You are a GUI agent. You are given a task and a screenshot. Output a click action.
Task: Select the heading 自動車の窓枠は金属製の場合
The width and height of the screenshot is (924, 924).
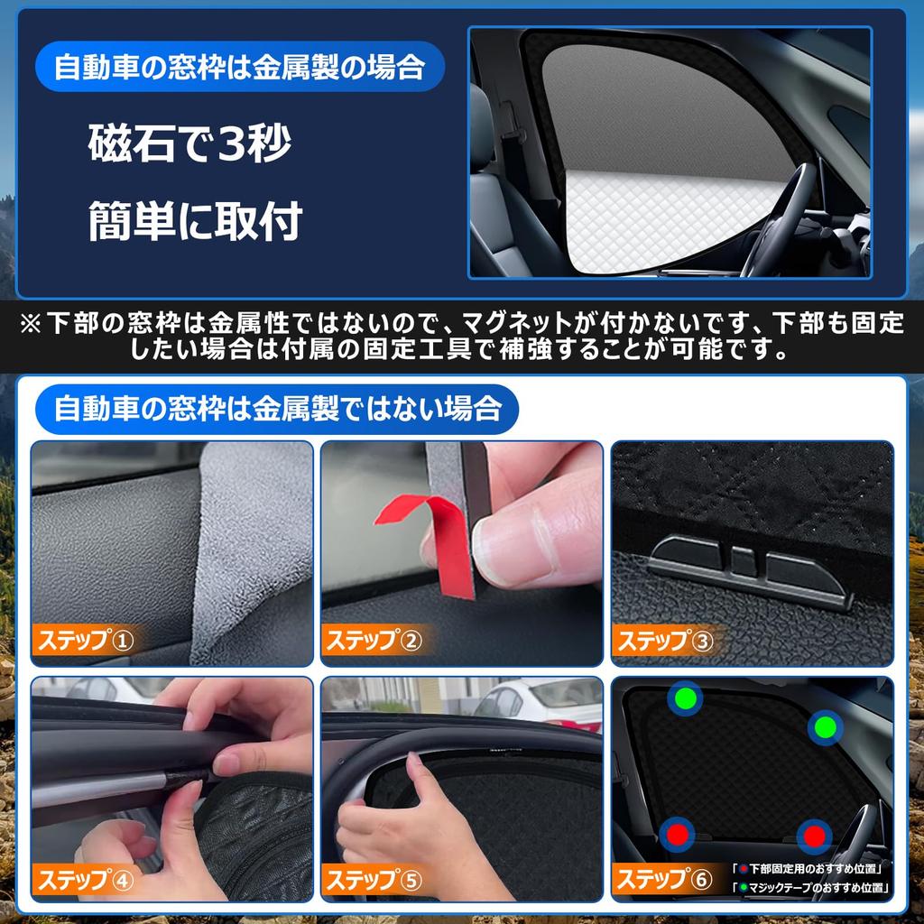tap(238, 68)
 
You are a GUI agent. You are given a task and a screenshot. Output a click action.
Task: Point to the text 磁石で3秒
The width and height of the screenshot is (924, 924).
tap(190, 145)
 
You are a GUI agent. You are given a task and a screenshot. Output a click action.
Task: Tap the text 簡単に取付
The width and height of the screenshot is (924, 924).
tap(194, 222)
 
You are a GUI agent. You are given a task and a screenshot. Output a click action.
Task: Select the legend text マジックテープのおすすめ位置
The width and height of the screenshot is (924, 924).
tap(816, 888)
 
